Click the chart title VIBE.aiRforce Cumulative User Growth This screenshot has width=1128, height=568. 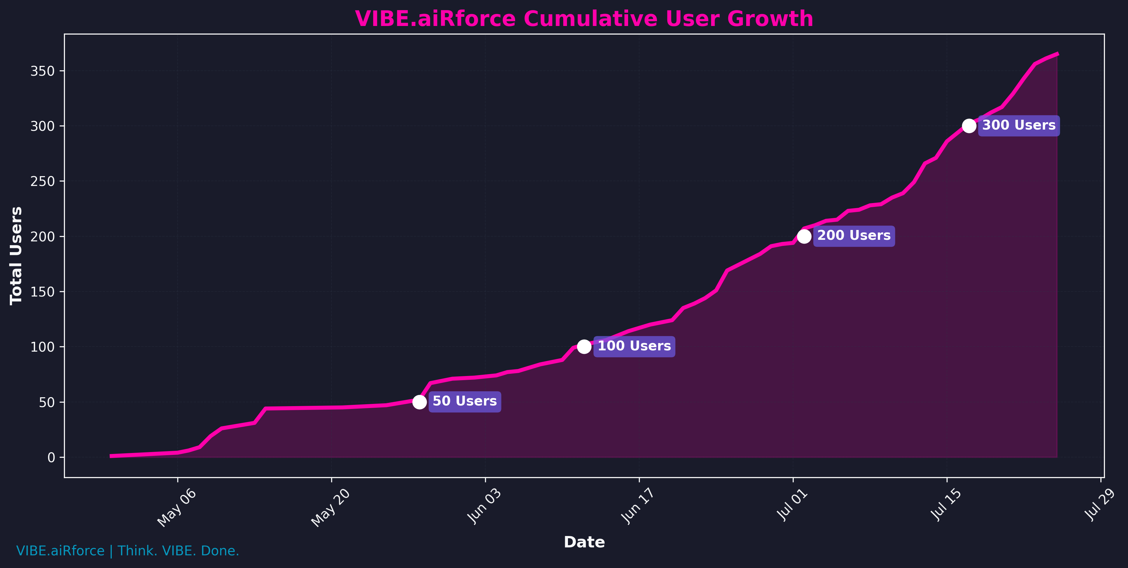pos(584,19)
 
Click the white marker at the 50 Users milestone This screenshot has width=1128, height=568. pos(419,402)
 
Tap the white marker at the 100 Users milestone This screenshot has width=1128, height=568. pos(584,347)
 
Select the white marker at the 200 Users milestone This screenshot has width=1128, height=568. pos(804,236)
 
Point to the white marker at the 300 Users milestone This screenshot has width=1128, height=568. pos(969,126)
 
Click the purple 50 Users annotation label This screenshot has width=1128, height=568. pos(465,401)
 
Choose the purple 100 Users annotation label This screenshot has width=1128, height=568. pos(634,346)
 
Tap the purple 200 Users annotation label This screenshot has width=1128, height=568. pos(854,236)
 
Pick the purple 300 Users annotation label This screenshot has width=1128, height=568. pos(1019,126)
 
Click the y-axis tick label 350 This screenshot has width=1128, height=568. pos(42,71)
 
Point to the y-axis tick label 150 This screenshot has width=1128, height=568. pos(42,292)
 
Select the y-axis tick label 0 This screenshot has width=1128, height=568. pos(51,457)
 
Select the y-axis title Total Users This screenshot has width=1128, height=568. pos(16,256)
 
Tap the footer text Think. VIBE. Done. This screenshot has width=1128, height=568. pos(178,551)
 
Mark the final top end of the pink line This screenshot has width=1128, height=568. pos(1057,54)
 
